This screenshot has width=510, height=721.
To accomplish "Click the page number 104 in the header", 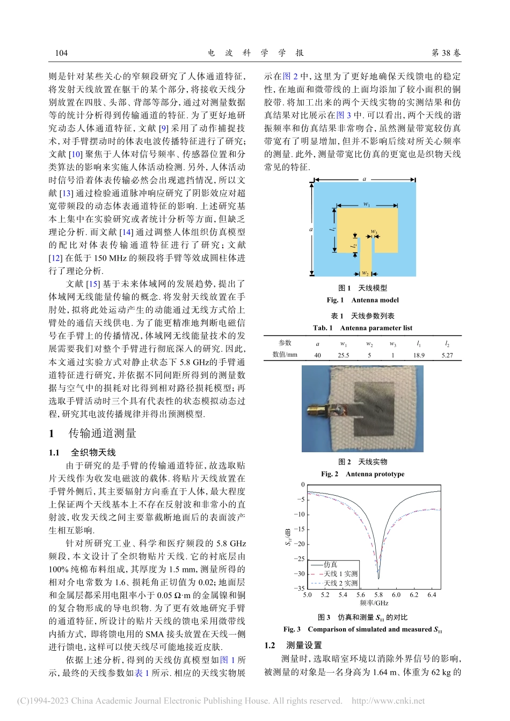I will pos(61,53).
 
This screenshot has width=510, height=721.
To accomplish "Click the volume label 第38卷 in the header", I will pos(446,53).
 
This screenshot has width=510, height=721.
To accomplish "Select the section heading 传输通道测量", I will pos(102,433).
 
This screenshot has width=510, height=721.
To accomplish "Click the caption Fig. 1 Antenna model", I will pos(362,300).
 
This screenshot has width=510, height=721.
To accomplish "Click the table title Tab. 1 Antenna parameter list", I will pos(362,328).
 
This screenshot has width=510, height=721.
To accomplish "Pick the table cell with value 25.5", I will pos(343,355).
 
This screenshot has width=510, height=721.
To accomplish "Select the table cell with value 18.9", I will pos(419,355).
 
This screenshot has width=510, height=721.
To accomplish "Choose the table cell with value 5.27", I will pos(447,355).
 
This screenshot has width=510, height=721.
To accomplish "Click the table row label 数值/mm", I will pos(285,355).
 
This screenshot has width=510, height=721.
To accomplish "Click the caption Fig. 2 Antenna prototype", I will pos(362,474).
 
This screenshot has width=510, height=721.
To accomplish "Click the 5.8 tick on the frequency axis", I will pos(378,595).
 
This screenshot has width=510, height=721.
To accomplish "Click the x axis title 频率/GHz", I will pos(374,603).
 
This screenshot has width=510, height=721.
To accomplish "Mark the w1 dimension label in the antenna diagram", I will pos(367,204).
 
